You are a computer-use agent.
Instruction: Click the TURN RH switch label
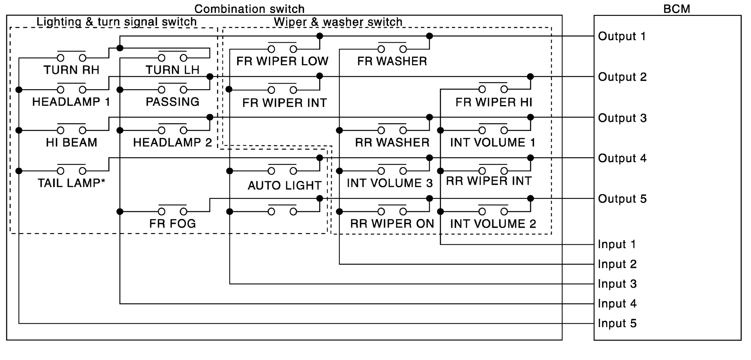[71, 70]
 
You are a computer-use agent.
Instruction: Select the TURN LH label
[172, 70]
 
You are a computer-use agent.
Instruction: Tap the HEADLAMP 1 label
[71, 102]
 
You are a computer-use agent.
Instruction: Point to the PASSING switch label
[172, 102]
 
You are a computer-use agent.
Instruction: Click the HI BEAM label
[71, 142]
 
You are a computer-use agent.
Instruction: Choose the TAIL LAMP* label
[71, 183]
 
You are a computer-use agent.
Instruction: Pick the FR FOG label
[172, 224]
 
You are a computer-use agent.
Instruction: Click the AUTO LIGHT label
[284, 185]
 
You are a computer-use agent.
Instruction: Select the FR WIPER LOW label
[282, 61]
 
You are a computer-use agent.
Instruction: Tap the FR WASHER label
[392, 61]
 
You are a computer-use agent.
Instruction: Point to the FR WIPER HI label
[494, 102]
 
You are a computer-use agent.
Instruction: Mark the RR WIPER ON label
[392, 224]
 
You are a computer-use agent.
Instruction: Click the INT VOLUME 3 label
[390, 183]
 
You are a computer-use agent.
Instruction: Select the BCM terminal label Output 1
[622, 36]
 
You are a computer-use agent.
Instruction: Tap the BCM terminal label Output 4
[622, 158]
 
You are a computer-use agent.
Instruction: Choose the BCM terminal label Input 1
[617, 244]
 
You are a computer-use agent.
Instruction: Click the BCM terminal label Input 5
[617, 323]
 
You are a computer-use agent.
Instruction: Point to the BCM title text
[676, 9]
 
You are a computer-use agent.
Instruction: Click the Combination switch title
[249, 9]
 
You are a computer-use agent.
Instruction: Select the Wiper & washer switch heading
[338, 22]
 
